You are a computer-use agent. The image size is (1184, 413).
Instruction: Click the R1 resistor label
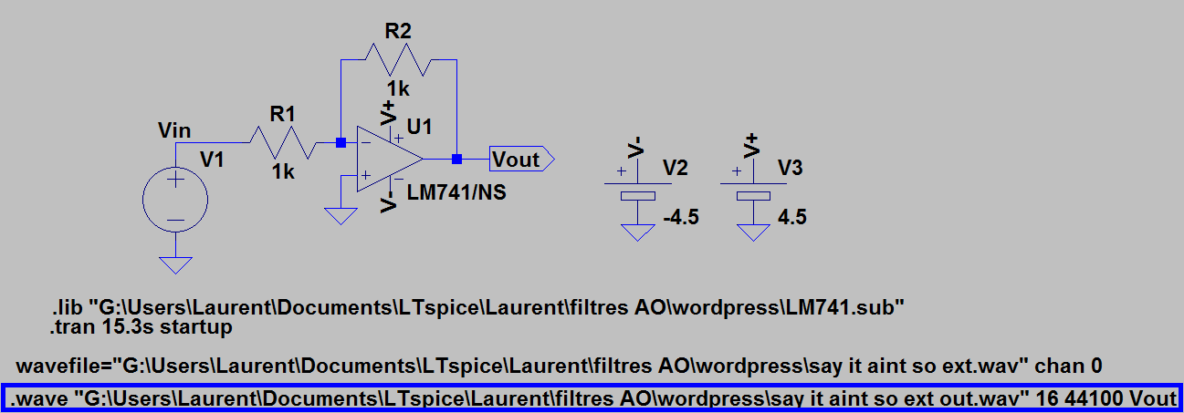click(x=283, y=114)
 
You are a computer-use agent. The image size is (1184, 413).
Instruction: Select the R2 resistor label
click(x=398, y=30)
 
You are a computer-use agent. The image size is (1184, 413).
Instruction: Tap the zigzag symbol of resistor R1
click(x=283, y=142)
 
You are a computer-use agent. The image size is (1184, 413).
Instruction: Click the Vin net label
click(x=175, y=132)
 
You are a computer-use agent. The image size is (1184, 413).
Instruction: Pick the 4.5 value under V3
click(x=792, y=218)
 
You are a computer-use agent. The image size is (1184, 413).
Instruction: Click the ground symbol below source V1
click(x=175, y=264)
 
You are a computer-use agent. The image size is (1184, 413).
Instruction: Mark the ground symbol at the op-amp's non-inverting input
click(x=341, y=217)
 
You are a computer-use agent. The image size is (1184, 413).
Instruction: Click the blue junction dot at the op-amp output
click(x=456, y=160)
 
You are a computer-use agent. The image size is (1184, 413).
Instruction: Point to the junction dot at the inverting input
click(x=341, y=142)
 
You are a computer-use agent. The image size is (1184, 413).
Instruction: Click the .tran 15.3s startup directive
click(x=141, y=326)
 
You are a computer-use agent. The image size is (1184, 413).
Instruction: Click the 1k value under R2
click(x=398, y=88)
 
